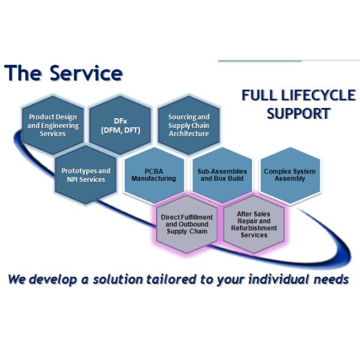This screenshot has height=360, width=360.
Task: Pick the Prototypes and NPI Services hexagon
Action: [x=86, y=175]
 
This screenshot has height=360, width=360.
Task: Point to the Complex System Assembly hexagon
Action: [x=289, y=175]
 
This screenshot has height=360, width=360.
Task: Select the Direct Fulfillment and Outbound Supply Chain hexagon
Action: [x=187, y=223]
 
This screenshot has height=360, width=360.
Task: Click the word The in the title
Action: [x=23, y=73]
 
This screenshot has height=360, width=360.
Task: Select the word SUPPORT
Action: [x=299, y=113]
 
